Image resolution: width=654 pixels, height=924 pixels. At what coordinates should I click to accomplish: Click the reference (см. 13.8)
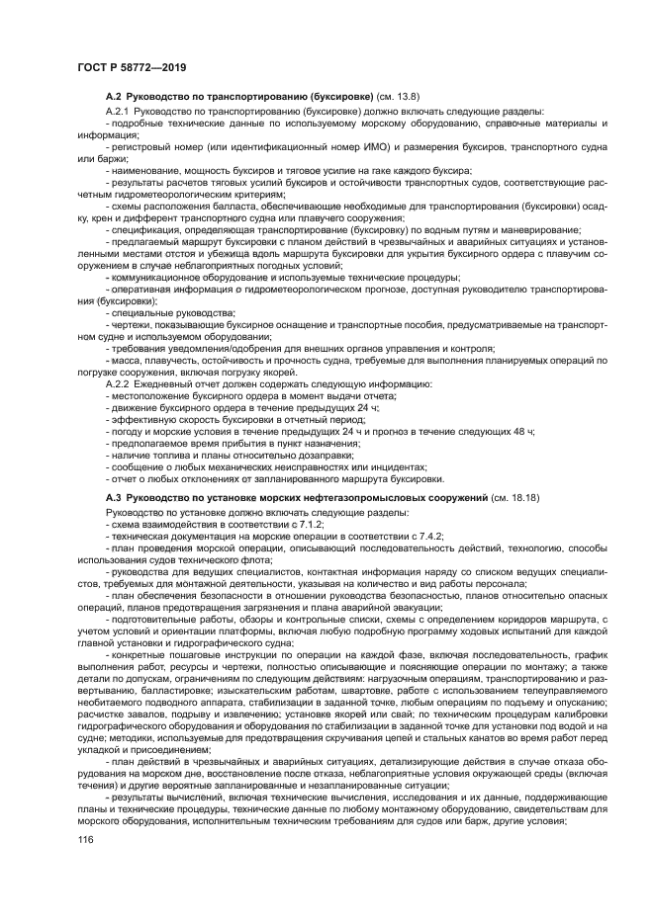click(x=398, y=96)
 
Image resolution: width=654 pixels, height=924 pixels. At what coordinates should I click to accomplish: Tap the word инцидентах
click(x=397, y=466)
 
